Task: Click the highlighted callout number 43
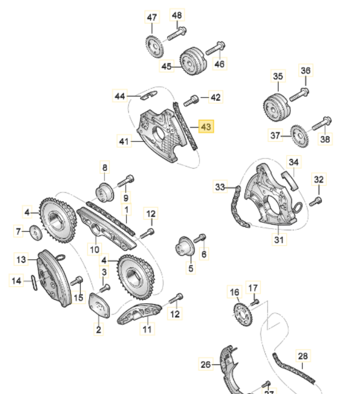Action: (206, 127)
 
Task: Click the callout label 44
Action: (120, 95)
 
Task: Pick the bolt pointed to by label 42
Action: (191, 100)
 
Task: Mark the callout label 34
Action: (294, 162)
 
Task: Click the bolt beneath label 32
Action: (316, 201)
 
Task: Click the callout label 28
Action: (303, 356)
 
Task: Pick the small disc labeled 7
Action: (35, 232)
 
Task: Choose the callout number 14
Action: (16, 281)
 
